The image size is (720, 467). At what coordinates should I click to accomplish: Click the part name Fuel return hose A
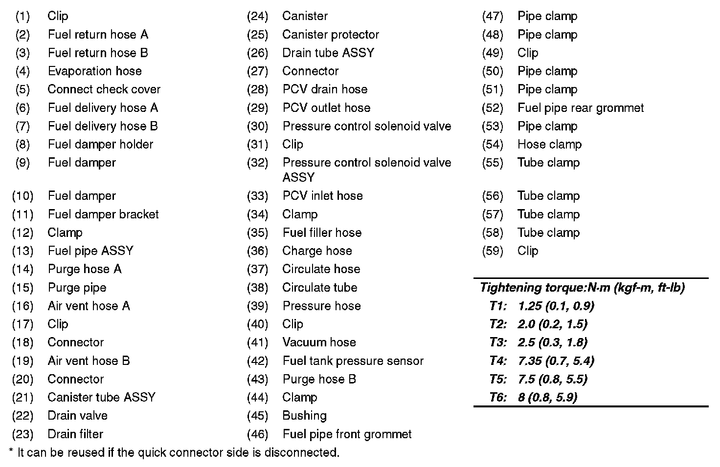tap(98, 35)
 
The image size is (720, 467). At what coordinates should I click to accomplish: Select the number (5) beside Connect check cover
tap(22, 90)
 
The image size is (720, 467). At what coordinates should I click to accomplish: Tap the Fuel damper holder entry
tap(100, 145)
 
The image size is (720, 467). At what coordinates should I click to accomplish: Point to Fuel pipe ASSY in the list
tap(90, 251)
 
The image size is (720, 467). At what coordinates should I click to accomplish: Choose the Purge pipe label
tap(77, 288)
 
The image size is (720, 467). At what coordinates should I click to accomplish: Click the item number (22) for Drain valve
tap(22, 416)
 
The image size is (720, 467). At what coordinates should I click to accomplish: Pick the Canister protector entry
tap(330, 35)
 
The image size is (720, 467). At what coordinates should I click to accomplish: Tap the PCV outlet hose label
tap(326, 108)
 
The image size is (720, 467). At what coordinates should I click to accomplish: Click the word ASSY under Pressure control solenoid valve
tap(298, 177)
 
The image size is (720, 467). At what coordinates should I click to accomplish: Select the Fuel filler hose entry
tap(322, 233)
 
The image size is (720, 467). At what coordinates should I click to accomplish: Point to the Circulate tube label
tap(319, 288)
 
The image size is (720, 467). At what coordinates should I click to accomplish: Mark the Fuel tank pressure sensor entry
tap(353, 361)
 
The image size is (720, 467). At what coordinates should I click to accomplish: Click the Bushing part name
tap(304, 416)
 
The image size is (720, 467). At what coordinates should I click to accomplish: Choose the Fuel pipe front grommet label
tap(347, 434)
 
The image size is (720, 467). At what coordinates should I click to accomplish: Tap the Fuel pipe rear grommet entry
tap(581, 108)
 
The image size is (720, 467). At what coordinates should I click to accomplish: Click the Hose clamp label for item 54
tap(549, 145)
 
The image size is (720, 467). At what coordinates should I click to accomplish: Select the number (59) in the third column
tap(493, 251)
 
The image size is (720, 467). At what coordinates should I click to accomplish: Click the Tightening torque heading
tap(582, 288)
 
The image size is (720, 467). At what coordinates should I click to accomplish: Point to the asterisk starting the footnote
tap(11, 451)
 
